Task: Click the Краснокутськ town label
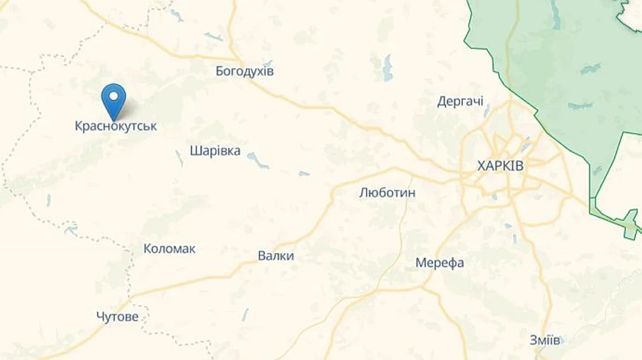tap(116, 126)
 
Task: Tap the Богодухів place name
tap(245, 71)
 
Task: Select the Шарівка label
tap(215, 151)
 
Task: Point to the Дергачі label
tap(460, 102)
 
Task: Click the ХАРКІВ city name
tap(500, 166)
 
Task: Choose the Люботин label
tap(387, 192)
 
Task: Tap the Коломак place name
tap(169, 249)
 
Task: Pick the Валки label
tap(275, 256)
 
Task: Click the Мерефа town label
tap(439, 263)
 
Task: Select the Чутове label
tap(117, 317)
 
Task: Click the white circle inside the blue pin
tap(113, 96)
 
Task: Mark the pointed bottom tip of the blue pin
tap(113, 119)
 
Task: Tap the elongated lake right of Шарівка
tap(258, 160)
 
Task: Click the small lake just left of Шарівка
tap(179, 158)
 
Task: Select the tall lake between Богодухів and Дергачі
tap(387, 68)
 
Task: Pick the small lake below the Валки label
tap(245, 314)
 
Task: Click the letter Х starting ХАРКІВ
tap(481, 166)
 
